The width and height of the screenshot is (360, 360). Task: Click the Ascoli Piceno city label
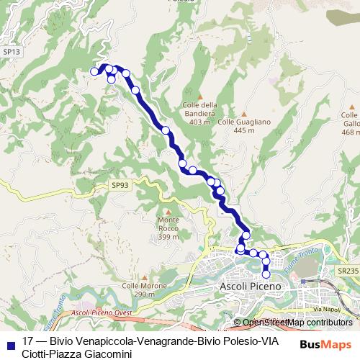click(x=248, y=287)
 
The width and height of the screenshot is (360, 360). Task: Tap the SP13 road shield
click(x=11, y=52)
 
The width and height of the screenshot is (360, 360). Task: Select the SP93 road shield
click(x=120, y=185)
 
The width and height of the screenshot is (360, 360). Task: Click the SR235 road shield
click(x=347, y=271)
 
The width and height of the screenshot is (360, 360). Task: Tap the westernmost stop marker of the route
click(x=94, y=71)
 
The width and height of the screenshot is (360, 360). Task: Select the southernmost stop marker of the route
click(x=266, y=274)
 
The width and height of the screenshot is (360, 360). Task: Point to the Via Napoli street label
click(x=325, y=310)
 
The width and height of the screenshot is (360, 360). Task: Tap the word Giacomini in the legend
click(x=106, y=354)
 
